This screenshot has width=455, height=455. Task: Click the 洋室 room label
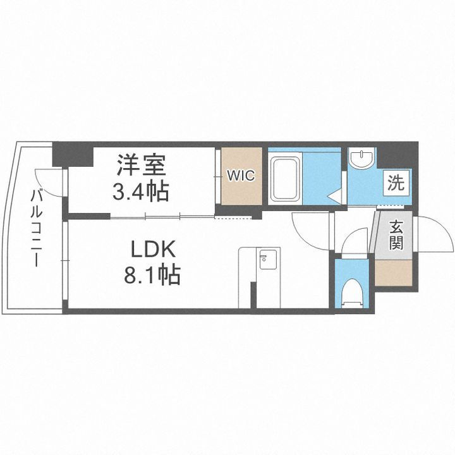[140, 166]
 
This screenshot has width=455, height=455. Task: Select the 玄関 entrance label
[396, 234]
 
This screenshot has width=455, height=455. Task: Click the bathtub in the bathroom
[289, 179]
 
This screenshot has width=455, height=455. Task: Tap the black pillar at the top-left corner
[64, 153]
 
